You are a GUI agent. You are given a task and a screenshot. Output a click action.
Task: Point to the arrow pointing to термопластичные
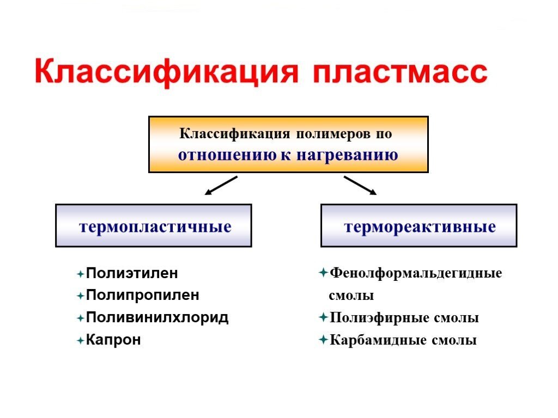coord(221,186)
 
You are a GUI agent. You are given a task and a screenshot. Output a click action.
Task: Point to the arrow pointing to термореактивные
coord(360,186)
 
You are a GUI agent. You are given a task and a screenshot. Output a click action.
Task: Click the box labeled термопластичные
coord(154,226)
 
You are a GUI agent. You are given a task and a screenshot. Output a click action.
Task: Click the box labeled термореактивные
coord(418,226)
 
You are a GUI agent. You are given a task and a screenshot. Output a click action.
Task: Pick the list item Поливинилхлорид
coord(157,318)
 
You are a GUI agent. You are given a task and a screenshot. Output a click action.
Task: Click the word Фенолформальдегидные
coord(416,273)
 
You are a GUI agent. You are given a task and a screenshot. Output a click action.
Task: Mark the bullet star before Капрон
coord(81,341)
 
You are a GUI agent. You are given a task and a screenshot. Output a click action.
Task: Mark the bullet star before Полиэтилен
coord(81,274)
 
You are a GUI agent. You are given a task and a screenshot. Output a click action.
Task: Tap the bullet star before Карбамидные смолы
coord(323,340)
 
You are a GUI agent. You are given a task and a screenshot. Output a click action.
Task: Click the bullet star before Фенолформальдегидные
coord(323,272)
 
